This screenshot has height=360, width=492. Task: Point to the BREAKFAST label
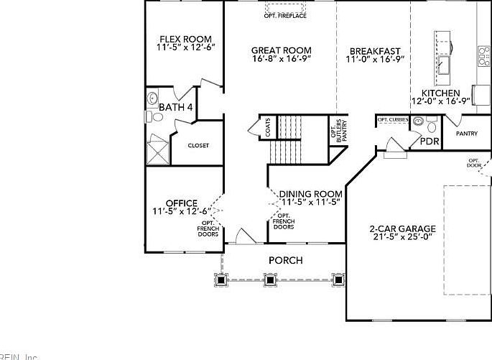pyautogui.click(x=375, y=51)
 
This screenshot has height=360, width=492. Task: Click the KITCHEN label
pyautogui.click(x=440, y=93)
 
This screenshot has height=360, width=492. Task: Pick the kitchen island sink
pyautogui.click(x=442, y=67)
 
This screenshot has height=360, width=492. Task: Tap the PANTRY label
pyautogui.click(x=467, y=134)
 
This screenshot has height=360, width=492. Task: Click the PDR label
pyautogui.click(x=430, y=142)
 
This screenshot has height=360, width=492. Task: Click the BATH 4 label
pyautogui.click(x=176, y=108)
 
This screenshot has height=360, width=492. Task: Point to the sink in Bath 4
pyautogui.click(x=152, y=98)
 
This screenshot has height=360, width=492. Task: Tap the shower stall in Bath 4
pyautogui.click(x=156, y=152)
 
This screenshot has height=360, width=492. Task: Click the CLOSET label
pyautogui.click(x=198, y=146)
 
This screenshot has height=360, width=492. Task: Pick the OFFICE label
pyautogui.click(x=181, y=203)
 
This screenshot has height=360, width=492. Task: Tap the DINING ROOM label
pyautogui.click(x=310, y=194)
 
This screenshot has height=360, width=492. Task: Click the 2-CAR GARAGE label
pyautogui.click(x=402, y=229)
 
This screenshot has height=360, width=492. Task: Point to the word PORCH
pyautogui.click(x=285, y=260)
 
